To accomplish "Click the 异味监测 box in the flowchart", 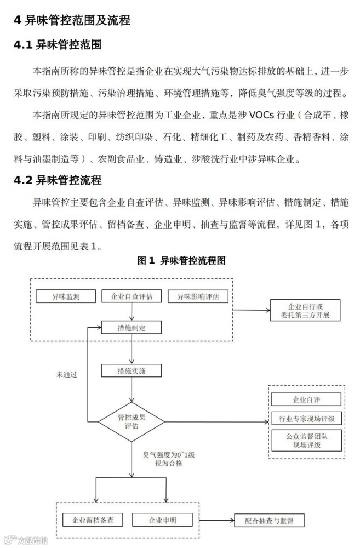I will click(66, 297).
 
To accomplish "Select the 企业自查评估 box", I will click(132, 297).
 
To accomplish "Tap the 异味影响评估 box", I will click(197, 297).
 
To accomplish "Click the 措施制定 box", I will click(132, 328).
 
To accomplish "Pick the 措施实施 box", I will click(132, 371).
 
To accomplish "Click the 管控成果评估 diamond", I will click(132, 421).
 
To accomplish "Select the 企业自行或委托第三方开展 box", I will click(305, 311).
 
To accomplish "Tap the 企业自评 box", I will click(306, 399).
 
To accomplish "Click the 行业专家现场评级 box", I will click(306, 419).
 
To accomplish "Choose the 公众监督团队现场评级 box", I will click(306, 440).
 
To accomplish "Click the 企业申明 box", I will click(162, 520).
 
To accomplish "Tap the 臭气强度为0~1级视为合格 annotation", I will click(163, 459).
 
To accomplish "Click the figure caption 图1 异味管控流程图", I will click(181, 261).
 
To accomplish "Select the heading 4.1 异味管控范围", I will click(58, 45).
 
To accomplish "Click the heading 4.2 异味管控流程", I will click(58, 180).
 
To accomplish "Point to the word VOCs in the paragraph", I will click(266, 115).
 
